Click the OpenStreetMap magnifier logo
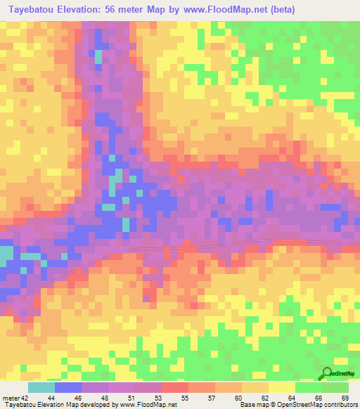click(328, 373)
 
